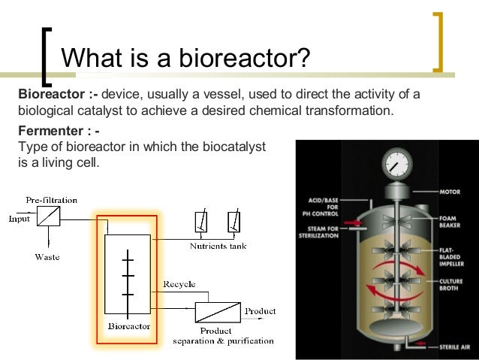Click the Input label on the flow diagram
pos(20,219)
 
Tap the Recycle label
pos(179,284)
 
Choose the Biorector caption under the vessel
pos(128,326)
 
